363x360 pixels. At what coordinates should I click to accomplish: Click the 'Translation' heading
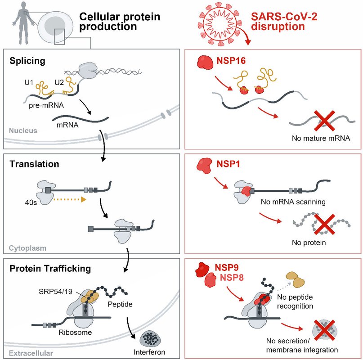(x=34, y=164)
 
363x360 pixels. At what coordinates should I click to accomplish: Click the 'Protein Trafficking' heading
(x=50, y=269)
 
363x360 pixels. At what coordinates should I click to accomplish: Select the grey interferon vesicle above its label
(x=152, y=337)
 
